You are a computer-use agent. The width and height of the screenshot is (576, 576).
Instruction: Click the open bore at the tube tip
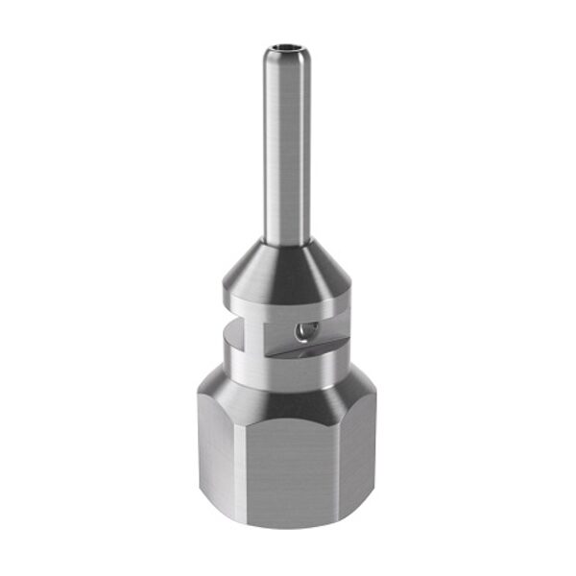(288, 44)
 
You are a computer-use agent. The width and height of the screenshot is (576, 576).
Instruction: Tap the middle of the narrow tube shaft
(288, 144)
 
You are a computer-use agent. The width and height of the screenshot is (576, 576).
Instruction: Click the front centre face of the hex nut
(288, 461)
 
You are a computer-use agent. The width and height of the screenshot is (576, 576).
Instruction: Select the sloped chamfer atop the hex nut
(288, 394)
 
